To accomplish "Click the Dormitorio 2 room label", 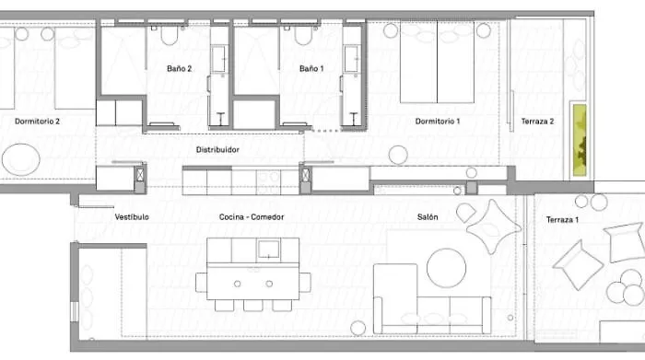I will [x=37, y=121].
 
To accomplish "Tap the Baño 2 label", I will [x=180, y=68].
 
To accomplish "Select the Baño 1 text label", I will [x=312, y=68].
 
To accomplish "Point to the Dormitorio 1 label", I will [x=438, y=121].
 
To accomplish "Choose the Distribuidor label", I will [x=217, y=148].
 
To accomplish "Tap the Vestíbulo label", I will [x=132, y=217].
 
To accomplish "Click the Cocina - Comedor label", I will [x=252, y=217].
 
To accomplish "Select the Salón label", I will [x=427, y=217].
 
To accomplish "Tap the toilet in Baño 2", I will [x=168, y=36].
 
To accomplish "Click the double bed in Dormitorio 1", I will [x=437, y=63].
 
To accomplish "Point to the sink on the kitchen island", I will [x=268, y=248].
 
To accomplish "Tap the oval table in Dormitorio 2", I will [x=21, y=158].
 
